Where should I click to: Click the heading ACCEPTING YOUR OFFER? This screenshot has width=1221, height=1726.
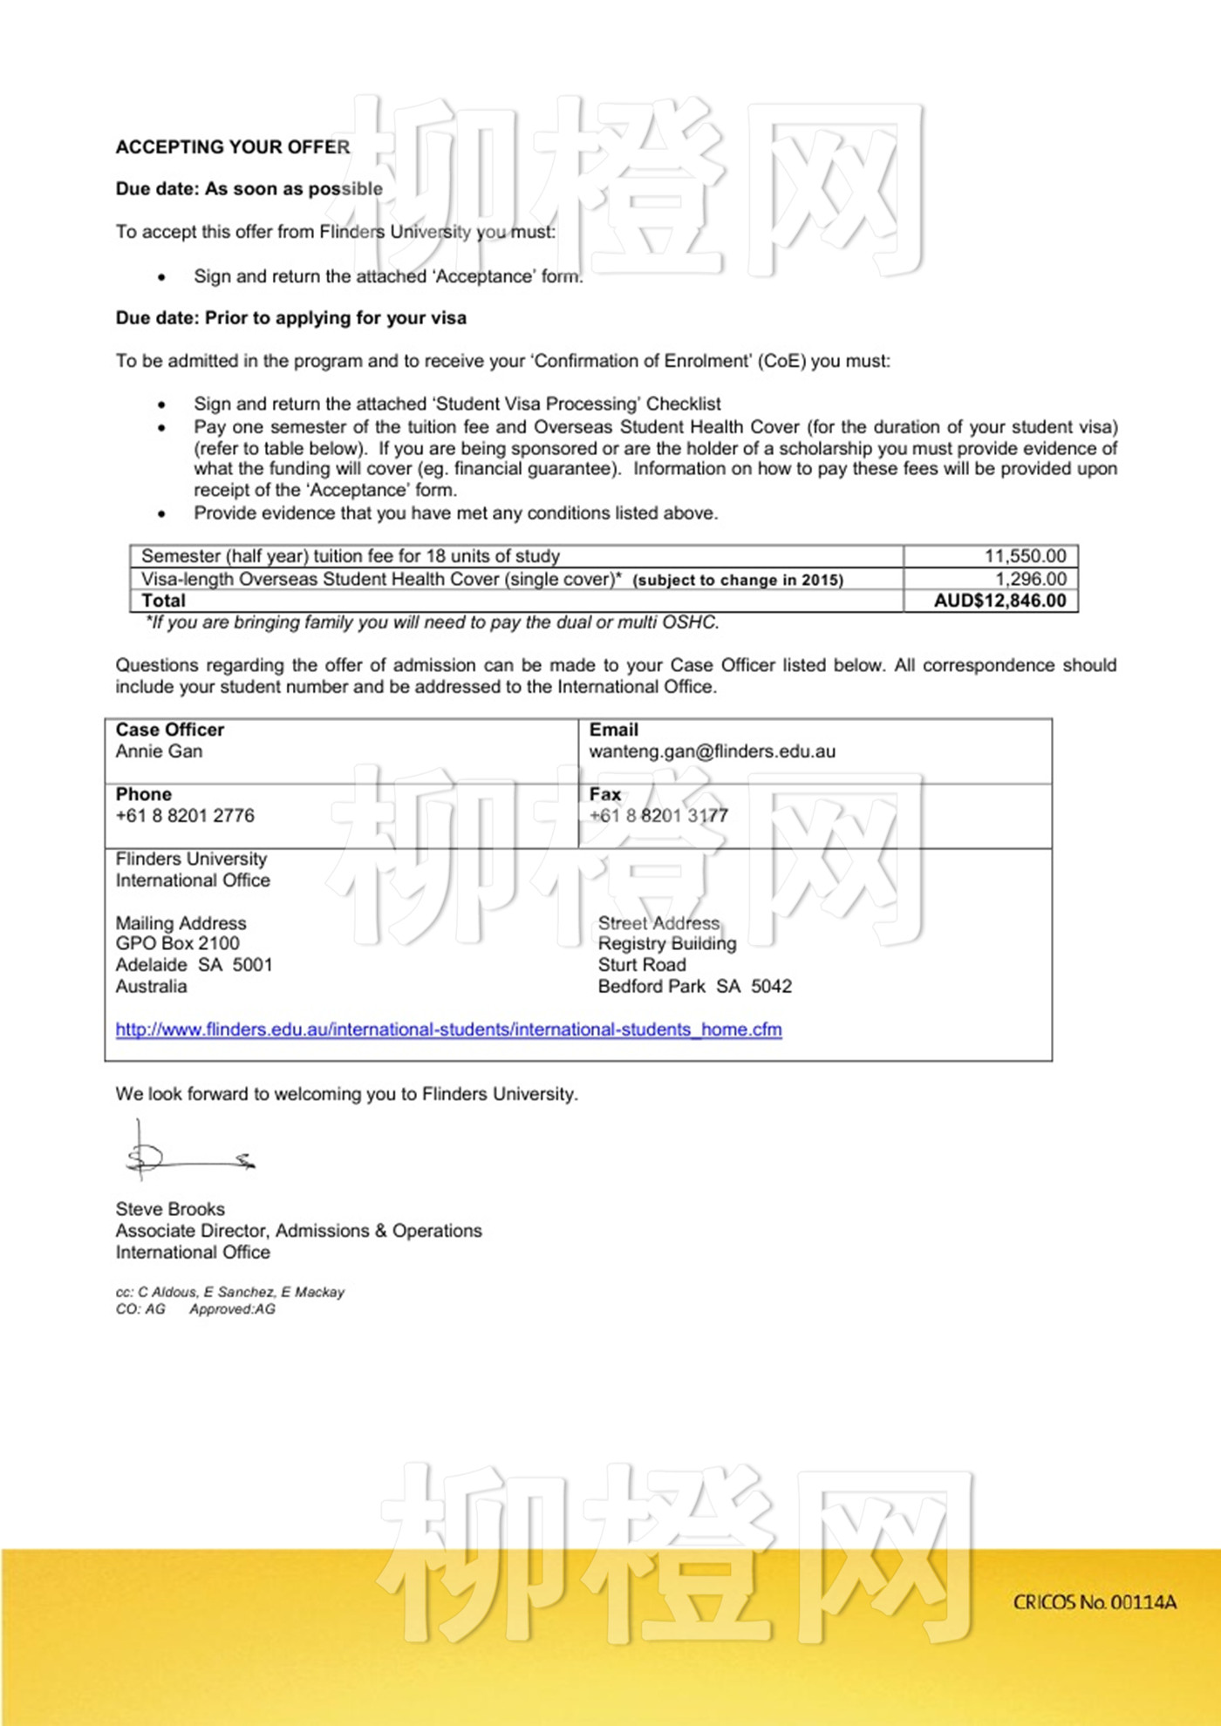[233, 147]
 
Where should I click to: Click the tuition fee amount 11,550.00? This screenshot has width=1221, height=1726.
[1025, 556]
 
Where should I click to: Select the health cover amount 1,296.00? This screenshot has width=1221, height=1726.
[1030, 579]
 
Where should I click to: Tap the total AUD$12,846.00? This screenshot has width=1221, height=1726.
[999, 601]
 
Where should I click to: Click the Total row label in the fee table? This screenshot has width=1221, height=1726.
[164, 601]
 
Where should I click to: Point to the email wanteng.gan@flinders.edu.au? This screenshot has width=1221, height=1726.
[712, 751]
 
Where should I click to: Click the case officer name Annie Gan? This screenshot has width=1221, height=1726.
[159, 751]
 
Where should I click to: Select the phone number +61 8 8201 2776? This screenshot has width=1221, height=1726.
[185, 816]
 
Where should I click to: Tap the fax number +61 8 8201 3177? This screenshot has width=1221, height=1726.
[658, 816]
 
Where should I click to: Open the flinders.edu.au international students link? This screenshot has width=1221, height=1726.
[448, 1029]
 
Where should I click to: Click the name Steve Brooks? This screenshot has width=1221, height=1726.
[170, 1209]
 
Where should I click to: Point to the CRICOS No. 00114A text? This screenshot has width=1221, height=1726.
[1095, 1602]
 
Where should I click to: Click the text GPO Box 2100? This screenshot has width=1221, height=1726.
[178, 943]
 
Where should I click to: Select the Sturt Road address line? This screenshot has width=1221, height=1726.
[642, 965]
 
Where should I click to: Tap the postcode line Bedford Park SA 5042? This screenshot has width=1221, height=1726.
[695, 987]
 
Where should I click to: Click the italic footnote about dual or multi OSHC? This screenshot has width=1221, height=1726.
[433, 622]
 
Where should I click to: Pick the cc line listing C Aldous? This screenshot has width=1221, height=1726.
[230, 1292]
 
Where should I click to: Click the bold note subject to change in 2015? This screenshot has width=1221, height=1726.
[738, 581]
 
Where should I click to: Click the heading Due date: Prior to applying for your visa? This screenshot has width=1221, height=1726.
[290, 318]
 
